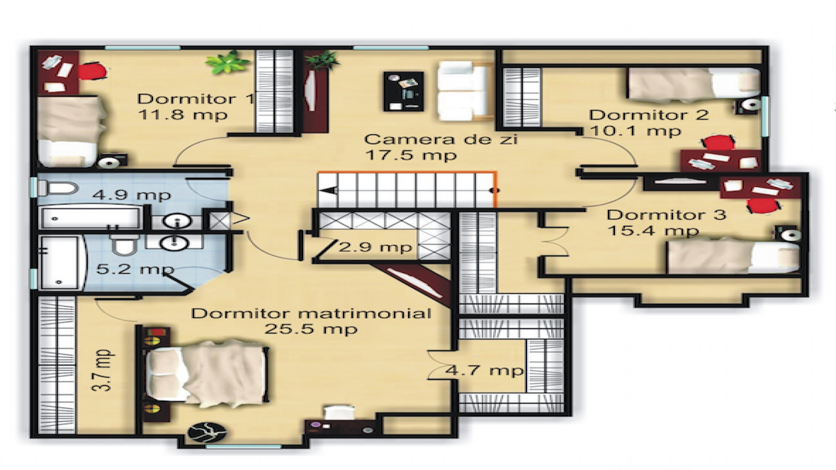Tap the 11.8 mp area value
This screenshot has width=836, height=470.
tap(183, 114)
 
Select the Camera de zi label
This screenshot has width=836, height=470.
tap(440, 139)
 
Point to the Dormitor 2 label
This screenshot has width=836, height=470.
tap(648, 115)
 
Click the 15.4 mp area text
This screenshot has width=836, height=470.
tap(653, 230)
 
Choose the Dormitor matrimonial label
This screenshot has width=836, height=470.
tap(311, 313)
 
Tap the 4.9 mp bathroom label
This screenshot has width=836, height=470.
tap(132, 195)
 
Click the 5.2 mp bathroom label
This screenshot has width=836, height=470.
tap(135, 269)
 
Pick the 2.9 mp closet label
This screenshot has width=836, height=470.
tap(375, 246)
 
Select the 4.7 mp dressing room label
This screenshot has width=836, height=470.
tap(484, 370)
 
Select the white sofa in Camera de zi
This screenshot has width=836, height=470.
tap(464, 90)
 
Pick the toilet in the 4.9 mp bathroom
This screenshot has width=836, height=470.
tap(57, 188)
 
